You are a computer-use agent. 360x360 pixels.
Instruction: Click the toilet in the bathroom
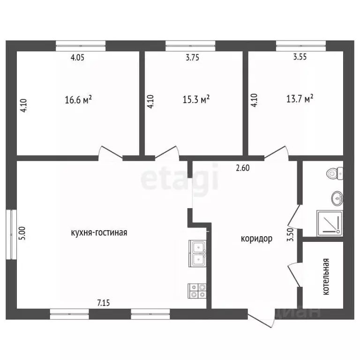[x=335, y=173]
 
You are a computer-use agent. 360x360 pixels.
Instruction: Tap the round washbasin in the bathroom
[x=337, y=198]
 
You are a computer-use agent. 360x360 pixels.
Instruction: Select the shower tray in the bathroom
[x=330, y=224]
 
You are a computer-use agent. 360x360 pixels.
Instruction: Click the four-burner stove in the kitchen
[x=197, y=291]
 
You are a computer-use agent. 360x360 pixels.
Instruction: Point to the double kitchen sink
[x=197, y=254]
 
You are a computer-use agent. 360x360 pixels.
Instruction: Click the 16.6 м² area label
[x=78, y=100]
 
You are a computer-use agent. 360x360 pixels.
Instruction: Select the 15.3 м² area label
[x=196, y=99]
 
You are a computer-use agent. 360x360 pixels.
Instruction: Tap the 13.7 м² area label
[x=300, y=99]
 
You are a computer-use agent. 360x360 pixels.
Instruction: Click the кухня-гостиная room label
[x=99, y=232]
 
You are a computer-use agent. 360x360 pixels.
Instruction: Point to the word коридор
[x=257, y=239]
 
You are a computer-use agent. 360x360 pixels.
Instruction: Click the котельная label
[x=326, y=277]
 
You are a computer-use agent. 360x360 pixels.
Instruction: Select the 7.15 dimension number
[x=104, y=303]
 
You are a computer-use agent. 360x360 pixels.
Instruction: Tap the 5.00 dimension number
[x=22, y=233]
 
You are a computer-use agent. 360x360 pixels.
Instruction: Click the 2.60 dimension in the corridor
[x=243, y=168]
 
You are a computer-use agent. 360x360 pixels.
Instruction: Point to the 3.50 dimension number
[x=291, y=234]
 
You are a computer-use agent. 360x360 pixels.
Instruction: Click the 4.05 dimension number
[x=77, y=57]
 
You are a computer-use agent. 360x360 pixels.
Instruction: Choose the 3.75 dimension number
[x=192, y=57]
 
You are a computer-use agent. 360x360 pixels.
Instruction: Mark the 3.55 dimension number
[x=300, y=56]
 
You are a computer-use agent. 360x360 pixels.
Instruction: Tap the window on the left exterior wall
[x=11, y=234]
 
